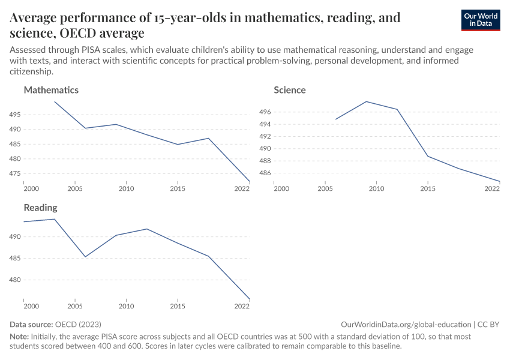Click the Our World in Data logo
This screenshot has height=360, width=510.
[x=480, y=20]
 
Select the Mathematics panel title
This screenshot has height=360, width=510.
[x=51, y=90]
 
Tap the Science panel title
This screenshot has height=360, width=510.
[x=290, y=90]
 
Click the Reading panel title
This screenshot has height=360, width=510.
[x=40, y=208]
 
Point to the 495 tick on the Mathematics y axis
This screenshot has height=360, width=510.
[x=16, y=115]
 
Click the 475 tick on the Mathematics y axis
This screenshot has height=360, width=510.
[x=16, y=174]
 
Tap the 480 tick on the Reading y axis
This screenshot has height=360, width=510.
[x=16, y=280]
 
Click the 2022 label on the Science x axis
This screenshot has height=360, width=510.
[x=492, y=189]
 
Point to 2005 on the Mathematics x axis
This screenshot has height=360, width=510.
[x=75, y=189]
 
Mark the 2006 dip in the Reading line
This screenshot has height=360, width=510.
[x=85, y=257]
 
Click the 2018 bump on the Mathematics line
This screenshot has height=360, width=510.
[x=208, y=138]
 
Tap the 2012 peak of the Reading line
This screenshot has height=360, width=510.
[x=146, y=229]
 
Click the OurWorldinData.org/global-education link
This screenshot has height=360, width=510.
[x=405, y=324]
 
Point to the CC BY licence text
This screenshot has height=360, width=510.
[x=488, y=324]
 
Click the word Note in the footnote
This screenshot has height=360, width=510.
[x=20, y=337]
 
